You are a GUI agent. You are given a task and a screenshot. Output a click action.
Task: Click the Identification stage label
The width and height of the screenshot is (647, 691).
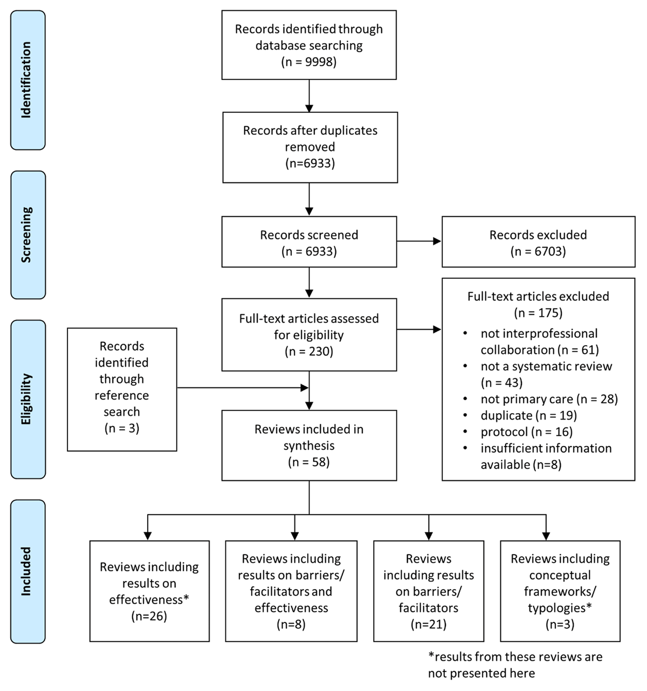coord(27,80)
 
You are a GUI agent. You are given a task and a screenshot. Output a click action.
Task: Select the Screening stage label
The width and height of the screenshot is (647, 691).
coord(27,235)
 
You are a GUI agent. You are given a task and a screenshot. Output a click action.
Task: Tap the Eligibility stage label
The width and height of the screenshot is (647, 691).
coord(27,399)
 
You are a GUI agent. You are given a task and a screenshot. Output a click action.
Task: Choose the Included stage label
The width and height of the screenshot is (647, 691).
coord(27,571)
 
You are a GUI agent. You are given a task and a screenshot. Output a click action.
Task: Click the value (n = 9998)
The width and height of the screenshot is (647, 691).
coord(309,62)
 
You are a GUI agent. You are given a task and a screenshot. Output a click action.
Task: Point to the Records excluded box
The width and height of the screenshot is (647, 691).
coord(538,242)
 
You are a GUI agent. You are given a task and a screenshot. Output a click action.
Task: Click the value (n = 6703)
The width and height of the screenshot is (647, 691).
coord(538,251)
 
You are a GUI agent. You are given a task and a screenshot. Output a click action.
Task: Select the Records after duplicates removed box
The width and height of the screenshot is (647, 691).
coord(310,147)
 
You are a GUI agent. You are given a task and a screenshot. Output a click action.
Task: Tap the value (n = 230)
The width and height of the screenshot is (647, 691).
coord(309,352)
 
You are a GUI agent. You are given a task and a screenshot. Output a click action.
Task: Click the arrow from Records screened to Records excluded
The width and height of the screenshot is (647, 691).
coord(419,242)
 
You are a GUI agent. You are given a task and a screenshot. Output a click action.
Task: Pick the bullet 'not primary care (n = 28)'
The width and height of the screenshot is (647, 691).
coord(549,399)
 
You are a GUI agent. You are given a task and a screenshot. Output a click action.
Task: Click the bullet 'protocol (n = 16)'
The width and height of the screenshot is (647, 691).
coord(526,432)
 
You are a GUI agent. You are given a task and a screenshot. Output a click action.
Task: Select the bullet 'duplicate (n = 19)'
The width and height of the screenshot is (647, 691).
coord(528,415)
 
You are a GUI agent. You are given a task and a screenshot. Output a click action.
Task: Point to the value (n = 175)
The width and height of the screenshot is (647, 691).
coord(538,313)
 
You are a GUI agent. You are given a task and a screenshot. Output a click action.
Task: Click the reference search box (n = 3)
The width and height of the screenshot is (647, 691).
coord(122,389)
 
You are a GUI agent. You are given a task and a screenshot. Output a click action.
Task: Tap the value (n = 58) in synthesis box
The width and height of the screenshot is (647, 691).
coord(309,462)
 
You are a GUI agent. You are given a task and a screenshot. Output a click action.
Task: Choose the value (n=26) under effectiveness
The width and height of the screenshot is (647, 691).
coord(149,616)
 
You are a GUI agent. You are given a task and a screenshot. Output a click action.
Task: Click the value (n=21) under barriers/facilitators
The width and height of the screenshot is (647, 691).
coord(428,625)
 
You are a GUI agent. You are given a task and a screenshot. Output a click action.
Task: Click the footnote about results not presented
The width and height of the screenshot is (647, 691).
coord(515,665)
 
